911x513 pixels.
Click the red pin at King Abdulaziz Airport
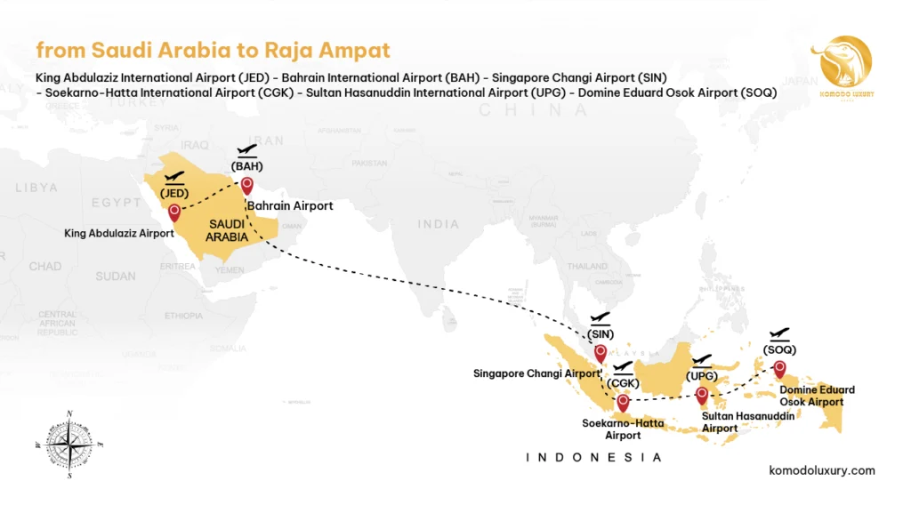(x=174, y=212)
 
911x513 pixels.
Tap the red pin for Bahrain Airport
(x=246, y=186)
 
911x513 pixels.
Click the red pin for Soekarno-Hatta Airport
(x=623, y=402)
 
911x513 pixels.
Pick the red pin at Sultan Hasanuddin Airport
(x=702, y=395)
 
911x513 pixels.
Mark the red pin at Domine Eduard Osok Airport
(x=780, y=368)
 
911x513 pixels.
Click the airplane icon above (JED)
(x=174, y=178)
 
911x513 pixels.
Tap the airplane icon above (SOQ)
(x=779, y=334)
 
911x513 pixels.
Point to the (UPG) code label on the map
(x=702, y=376)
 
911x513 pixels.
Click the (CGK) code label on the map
(x=623, y=383)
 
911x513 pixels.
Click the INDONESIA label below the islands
(x=594, y=458)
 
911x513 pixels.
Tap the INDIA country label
(x=439, y=225)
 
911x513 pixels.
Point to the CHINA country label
(x=534, y=110)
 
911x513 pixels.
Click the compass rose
(x=69, y=442)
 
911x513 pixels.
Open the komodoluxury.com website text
(x=821, y=470)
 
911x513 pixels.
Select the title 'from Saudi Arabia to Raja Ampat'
(x=213, y=50)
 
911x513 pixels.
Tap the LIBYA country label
(x=36, y=188)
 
